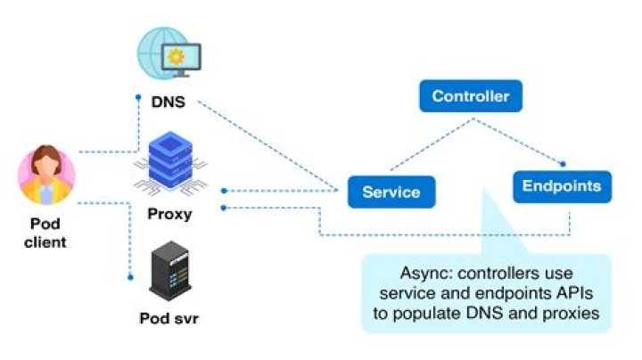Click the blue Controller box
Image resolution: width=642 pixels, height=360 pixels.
click(x=470, y=96)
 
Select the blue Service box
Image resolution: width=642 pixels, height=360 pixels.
click(x=391, y=192)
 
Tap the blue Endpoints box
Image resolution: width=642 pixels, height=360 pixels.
click(x=562, y=187)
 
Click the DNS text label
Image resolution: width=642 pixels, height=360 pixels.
click(x=169, y=102)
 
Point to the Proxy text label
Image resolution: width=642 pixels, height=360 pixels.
click(x=169, y=214)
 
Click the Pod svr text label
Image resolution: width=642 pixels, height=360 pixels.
click(x=169, y=318)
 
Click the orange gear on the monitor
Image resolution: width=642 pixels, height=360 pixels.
click(x=177, y=56)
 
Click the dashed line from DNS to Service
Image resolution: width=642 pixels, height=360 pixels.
click(x=267, y=143)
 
